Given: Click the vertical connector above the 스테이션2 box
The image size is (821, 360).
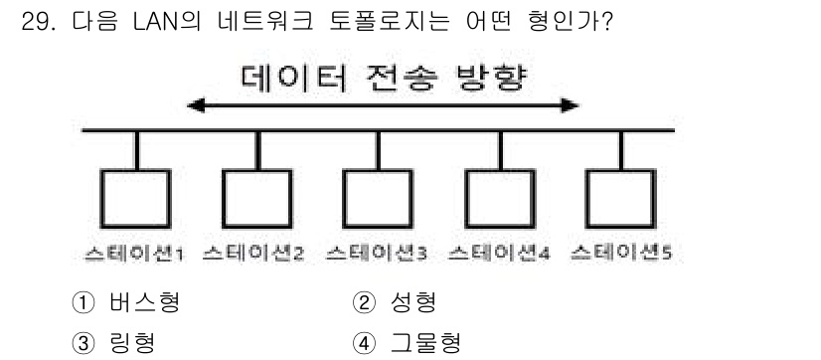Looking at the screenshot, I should pos(255,149).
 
